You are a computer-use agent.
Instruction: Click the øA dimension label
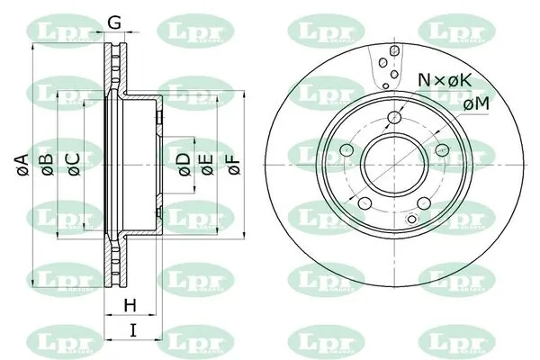point(22,166)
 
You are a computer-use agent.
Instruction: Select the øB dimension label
point(48,166)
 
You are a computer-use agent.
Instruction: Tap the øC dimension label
point(74,166)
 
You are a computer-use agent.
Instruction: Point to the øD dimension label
point(184,165)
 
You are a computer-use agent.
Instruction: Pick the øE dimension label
point(207,165)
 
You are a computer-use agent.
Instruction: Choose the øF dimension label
point(235,165)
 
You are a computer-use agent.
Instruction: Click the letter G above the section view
point(114,22)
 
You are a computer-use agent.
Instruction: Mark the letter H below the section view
point(130,305)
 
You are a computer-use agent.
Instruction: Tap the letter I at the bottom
point(133,330)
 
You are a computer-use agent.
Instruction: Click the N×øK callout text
point(445,81)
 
